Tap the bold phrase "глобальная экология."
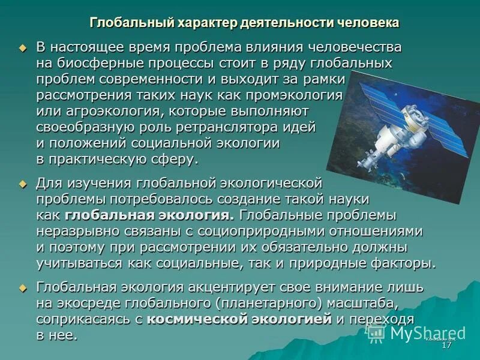tap(149, 215)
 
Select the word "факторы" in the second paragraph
tap(403, 263)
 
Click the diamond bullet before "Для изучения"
tap(23, 183)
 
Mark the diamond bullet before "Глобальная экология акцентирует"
tap(23, 287)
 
